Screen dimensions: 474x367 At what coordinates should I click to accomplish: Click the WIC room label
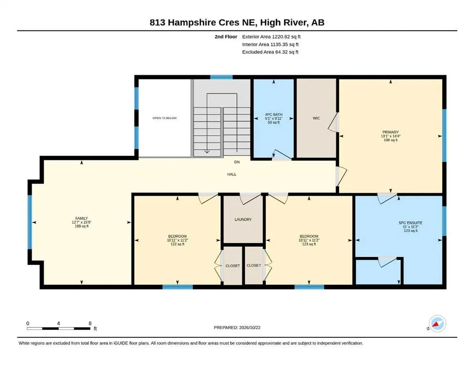(316, 118)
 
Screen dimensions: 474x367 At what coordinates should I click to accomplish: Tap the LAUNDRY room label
(243, 219)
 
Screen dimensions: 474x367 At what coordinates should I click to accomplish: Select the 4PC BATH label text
(274, 114)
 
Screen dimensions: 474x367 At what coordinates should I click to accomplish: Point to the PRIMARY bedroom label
(390, 132)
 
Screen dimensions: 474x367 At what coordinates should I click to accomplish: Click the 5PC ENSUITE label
(411, 223)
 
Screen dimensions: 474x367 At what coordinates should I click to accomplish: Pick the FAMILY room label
(82, 218)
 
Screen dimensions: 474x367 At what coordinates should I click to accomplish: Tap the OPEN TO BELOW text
(165, 118)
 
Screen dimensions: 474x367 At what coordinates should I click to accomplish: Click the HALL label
(232, 174)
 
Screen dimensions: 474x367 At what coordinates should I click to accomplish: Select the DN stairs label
(237, 162)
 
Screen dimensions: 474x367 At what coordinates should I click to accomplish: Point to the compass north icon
(437, 324)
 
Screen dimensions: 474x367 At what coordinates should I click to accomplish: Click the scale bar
(58, 328)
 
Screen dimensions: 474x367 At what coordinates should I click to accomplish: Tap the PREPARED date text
(237, 327)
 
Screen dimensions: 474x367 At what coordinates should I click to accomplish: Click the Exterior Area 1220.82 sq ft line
(271, 37)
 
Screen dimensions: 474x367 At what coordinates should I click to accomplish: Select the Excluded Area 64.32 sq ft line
(270, 52)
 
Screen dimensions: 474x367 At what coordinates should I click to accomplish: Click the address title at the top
(237, 22)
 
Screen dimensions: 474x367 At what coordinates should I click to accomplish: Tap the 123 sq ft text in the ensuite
(411, 230)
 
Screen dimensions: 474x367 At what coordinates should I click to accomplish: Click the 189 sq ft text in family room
(82, 226)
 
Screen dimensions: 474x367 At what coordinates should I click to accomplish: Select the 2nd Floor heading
(226, 37)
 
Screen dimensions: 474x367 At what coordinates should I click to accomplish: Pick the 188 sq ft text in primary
(390, 140)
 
